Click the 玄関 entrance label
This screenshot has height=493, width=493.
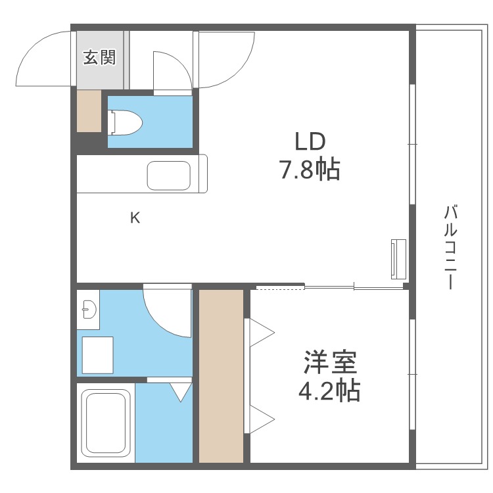(99, 57)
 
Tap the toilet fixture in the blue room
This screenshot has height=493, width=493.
(126, 122)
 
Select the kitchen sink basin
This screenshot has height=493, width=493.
(169, 175)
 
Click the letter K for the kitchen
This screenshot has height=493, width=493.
(135, 218)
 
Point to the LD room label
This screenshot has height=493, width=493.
(310, 142)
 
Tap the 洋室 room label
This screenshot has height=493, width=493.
(329, 362)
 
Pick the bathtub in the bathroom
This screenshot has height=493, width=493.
(106, 421)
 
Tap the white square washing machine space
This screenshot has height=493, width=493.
(97, 355)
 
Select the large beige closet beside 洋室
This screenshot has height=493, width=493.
(222, 375)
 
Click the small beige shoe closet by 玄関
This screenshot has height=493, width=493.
(89, 110)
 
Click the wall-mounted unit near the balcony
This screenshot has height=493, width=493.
(398, 258)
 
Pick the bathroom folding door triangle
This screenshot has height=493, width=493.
(181, 392)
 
